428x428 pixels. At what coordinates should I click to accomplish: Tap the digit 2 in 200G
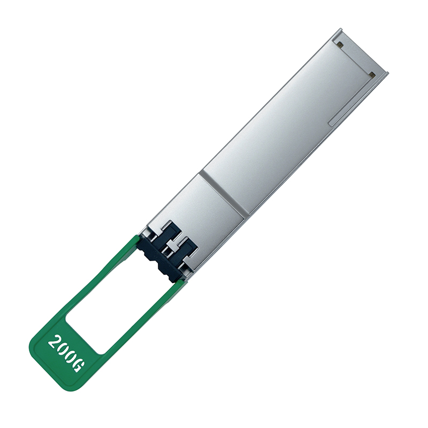pyautogui.click(x=53, y=341)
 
